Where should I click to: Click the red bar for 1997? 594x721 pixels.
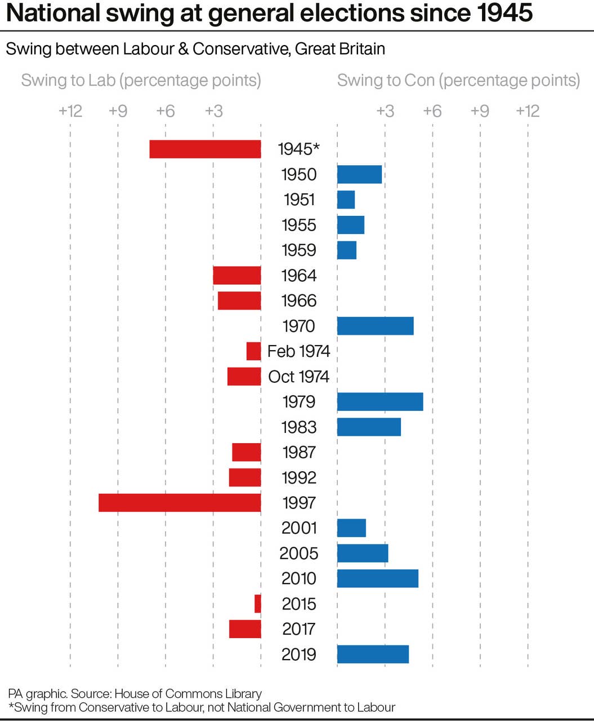180,502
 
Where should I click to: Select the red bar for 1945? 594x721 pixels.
205,149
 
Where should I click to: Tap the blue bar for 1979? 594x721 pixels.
380,401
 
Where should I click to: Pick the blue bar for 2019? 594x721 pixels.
373,654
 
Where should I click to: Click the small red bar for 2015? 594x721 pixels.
258,604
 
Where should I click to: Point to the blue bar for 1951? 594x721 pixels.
346,200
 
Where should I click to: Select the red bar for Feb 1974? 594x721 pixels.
254,351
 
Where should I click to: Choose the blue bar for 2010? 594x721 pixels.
378,578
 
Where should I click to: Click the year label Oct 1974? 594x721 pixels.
298,377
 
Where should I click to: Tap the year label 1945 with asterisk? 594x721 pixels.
298,149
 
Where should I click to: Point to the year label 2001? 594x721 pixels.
298,528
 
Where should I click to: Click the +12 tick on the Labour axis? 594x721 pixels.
70,110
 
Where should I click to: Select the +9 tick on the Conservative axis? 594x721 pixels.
480,110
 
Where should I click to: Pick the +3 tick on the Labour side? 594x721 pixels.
213,110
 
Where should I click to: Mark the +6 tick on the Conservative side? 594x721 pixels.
432,110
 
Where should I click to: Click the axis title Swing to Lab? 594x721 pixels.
141,80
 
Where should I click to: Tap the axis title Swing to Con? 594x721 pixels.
458,80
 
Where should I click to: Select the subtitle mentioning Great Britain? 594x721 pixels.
195,49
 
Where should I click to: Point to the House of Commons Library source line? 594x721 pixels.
135,693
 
